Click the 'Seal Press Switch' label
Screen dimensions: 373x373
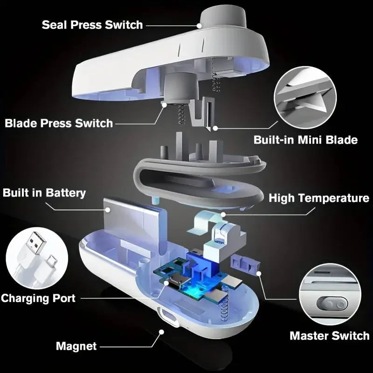pyautogui.click(x=92, y=24)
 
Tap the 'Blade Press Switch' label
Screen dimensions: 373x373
pyautogui.click(x=59, y=123)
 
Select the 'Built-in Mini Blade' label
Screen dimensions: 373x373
pyautogui.click(x=305, y=139)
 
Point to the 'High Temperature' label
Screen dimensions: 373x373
pyautogui.click(x=319, y=198)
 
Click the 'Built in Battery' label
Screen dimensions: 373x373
pyautogui.click(x=44, y=193)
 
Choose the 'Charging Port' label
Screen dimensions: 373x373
pyautogui.click(x=38, y=298)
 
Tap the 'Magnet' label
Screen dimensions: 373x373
pyautogui.click(x=76, y=346)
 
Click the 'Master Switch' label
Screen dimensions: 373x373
pyautogui.click(x=329, y=335)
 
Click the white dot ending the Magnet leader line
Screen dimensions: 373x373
pyautogui.click(x=161, y=332)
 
